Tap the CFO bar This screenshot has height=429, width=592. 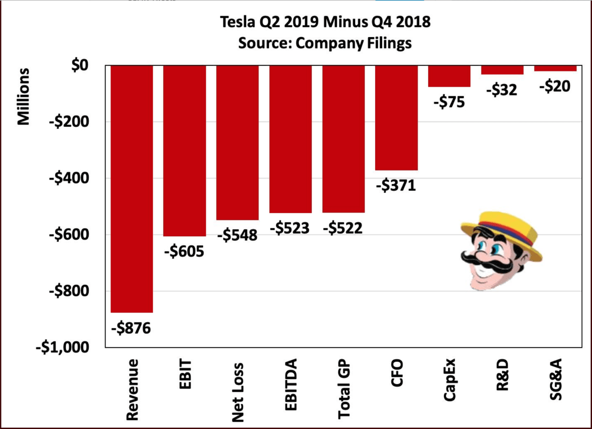point(396,118)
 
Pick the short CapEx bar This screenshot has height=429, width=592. point(449,76)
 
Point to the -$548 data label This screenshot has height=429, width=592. point(237,235)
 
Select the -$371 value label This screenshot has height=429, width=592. point(396,186)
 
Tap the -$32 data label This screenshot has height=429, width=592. point(502,89)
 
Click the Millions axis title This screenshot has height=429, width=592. point(23,97)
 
